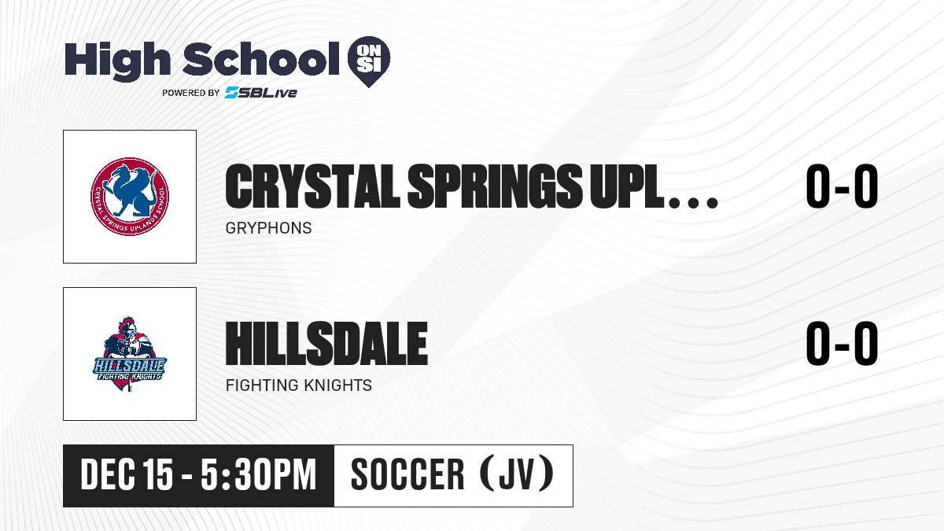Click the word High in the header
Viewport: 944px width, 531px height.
pos(117,61)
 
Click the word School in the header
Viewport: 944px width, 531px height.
pos(261,59)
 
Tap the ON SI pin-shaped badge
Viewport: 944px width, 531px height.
pos(369,61)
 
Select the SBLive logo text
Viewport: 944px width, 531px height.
pos(260,92)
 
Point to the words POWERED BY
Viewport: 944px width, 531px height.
pos(191,93)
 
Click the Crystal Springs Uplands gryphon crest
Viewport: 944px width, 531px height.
pos(130,197)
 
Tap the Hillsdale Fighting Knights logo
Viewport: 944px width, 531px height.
pos(130,354)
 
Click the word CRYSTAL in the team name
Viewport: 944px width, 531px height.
pos(312,186)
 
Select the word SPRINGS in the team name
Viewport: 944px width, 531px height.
pos(495,186)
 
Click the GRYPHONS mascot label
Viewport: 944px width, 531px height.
pos(268,228)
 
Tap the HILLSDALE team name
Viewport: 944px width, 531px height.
pos(326,343)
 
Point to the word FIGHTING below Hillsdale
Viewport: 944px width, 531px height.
pos(262,385)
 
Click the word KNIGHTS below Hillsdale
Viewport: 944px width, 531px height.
pos(337,385)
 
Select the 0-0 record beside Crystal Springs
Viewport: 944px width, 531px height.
pos(842,186)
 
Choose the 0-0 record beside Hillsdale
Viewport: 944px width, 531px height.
pos(842,343)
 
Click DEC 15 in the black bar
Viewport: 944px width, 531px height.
pos(127,474)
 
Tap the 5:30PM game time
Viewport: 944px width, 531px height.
pos(258,474)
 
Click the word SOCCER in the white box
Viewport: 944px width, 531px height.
pos(407,474)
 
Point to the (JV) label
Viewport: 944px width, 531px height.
pos(517,473)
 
